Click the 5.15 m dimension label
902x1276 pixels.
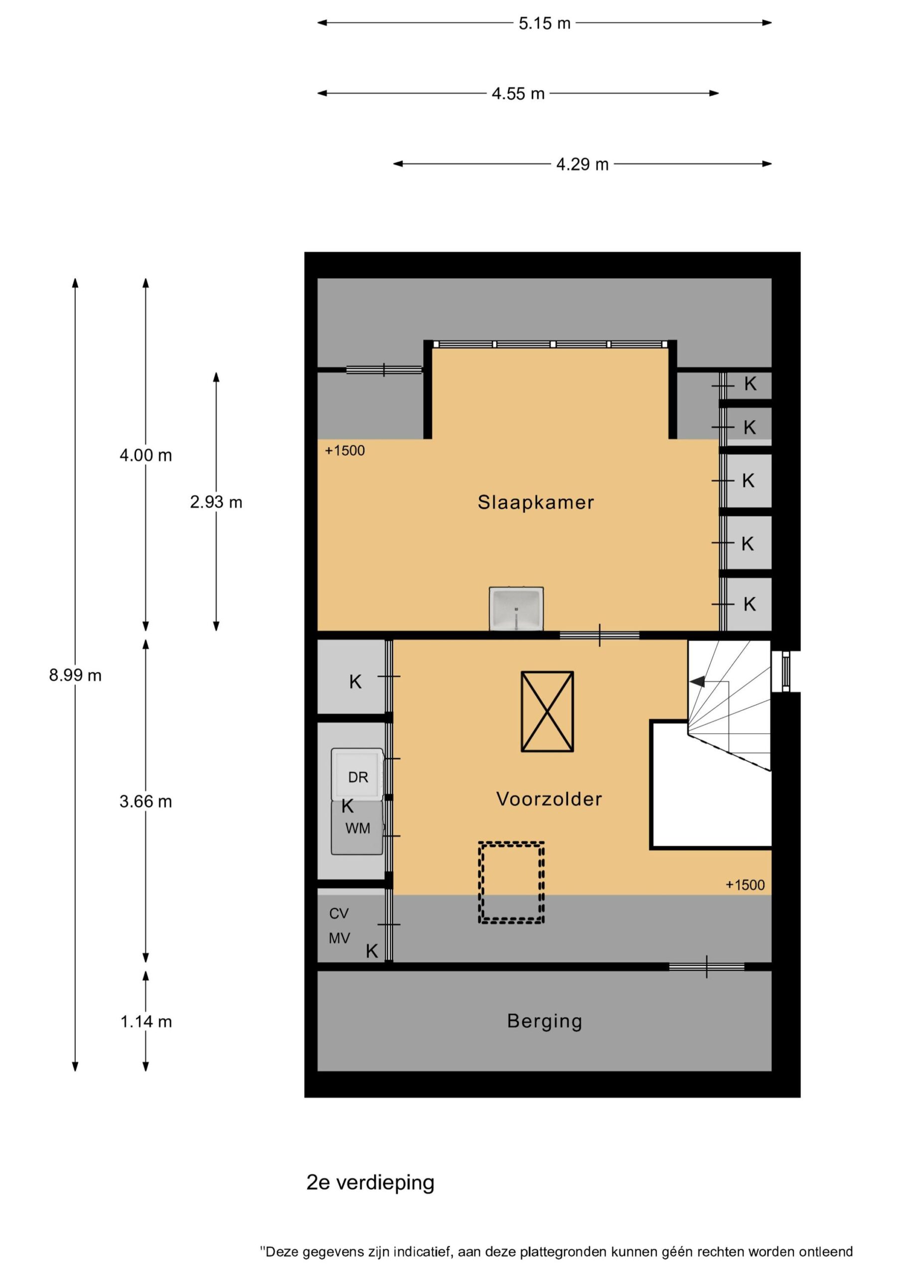point(544,23)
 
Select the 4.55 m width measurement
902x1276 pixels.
point(518,93)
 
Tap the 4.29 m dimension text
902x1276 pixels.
point(583,164)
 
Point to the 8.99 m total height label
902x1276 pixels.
point(75,675)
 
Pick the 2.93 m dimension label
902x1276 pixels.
point(216,502)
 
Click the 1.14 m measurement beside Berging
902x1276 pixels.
point(146,1021)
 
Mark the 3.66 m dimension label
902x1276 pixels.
point(146,801)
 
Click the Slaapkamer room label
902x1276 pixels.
point(536,502)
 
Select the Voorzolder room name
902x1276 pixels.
point(549,799)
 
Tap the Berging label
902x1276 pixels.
point(545,1021)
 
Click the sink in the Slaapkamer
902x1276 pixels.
point(516,609)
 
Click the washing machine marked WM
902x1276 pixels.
point(357,827)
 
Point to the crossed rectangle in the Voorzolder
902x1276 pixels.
point(547,711)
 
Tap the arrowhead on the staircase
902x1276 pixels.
point(697,681)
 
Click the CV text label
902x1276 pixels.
point(339,914)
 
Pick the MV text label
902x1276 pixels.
point(339,939)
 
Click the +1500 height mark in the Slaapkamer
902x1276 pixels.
point(344,450)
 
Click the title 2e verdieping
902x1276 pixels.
point(370,1183)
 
